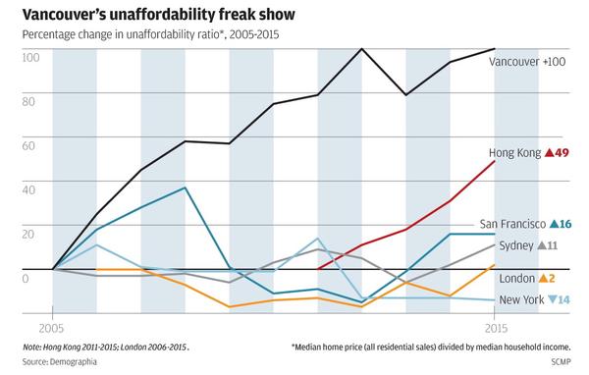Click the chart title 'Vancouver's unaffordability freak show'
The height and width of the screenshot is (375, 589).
[158, 15]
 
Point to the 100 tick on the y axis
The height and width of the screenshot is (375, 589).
[30, 58]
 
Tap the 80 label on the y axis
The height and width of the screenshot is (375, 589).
[28, 101]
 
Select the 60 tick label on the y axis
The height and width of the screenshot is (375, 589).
[28, 146]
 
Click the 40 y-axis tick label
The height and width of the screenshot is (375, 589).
[28, 189]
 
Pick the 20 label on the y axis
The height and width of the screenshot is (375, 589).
[28, 234]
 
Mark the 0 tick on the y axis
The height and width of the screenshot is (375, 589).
[26, 279]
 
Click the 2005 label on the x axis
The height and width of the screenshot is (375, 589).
[51, 329]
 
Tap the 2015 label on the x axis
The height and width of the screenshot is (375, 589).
[496, 329]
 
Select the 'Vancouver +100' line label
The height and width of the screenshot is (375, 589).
[527, 62]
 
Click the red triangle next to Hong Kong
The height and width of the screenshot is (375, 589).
[549, 152]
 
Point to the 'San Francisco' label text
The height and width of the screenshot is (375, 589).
[512, 224]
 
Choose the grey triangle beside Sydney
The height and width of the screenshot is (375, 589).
[542, 245]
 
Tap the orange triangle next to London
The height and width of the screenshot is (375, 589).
[543, 279]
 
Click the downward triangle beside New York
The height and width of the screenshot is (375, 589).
[552, 299]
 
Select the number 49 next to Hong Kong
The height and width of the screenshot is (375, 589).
[562, 152]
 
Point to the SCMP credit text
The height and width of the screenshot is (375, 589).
[561, 362]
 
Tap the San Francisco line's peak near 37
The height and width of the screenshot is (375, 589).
[185, 187]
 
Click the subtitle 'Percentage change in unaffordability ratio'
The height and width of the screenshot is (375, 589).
[121, 34]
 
